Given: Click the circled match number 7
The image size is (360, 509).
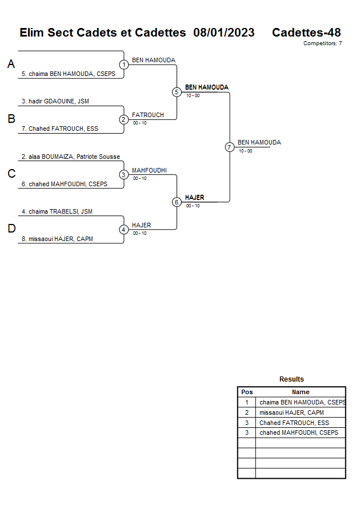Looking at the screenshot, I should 229,147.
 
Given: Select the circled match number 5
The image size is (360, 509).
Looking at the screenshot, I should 177,92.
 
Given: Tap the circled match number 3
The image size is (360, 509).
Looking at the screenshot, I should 123,175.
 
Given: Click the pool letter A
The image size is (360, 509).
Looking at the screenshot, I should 11,65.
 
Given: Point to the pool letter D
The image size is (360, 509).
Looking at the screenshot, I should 11,229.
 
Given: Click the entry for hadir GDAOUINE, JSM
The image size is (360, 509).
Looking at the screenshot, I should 55,101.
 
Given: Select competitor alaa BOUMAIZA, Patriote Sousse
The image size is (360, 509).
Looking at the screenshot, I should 71,157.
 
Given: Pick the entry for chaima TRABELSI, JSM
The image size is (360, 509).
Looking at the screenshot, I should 57,211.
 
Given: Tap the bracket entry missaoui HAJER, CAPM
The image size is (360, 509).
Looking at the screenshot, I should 57,239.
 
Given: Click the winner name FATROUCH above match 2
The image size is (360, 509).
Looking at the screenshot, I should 148,115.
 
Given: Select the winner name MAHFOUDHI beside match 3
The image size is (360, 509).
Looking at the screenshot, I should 149,170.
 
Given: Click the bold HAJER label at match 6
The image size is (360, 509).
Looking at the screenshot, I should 194,198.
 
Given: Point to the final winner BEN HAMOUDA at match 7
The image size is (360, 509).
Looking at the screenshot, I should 259,142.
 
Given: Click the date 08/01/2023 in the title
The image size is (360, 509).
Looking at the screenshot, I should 224,33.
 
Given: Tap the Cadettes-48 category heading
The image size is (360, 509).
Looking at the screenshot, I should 306,33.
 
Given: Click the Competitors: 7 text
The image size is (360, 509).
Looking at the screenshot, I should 323,43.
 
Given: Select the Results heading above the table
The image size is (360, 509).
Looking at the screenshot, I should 291,379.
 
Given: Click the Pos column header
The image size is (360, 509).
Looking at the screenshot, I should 247,392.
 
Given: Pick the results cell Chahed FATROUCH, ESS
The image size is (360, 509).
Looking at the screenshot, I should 294,423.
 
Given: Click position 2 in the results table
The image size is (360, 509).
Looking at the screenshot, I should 247,412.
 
